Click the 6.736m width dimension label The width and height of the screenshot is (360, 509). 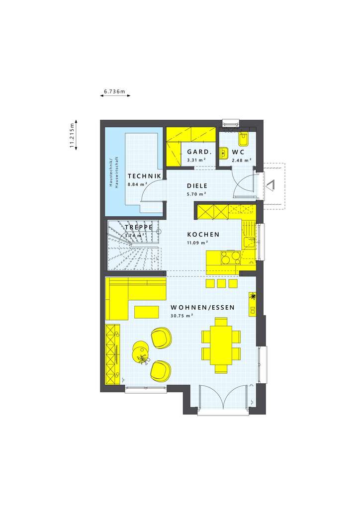[x=114, y=91]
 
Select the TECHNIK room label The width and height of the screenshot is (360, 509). [x=144, y=176]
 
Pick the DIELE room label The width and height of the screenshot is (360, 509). [x=196, y=186]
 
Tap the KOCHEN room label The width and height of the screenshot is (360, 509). [x=203, y=235]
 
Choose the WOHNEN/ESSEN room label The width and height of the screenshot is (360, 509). [x=202, y=308]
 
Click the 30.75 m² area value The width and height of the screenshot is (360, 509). [x=182, y=316]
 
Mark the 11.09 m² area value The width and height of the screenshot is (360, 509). [x=197, y=243]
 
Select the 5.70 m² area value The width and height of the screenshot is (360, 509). [x=197, y=194]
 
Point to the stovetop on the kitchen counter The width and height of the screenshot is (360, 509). [x=230, y=257]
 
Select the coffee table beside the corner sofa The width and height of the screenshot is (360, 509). [x=146, y=312]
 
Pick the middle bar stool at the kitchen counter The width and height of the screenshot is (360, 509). [x=221, y=283]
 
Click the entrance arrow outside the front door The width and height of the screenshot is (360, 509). [x=270, y=185]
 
